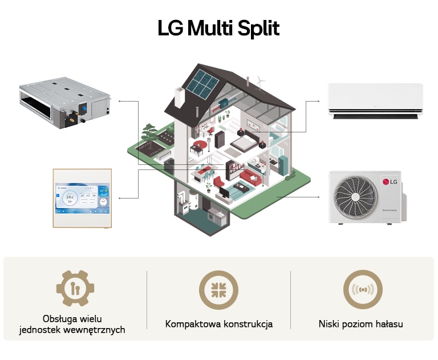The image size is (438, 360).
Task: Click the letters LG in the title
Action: point(171,29)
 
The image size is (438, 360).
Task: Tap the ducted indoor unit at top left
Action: point(64,102)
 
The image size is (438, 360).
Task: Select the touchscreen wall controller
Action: point(82,198)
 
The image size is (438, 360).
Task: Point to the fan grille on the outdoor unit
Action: point(356,196)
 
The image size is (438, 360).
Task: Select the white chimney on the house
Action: point(179,97)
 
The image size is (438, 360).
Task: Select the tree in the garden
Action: point(149,132)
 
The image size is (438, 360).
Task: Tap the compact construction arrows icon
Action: point(218,290)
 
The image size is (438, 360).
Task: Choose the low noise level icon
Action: point(363,290)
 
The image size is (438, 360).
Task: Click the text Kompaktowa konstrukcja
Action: point(219,324)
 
